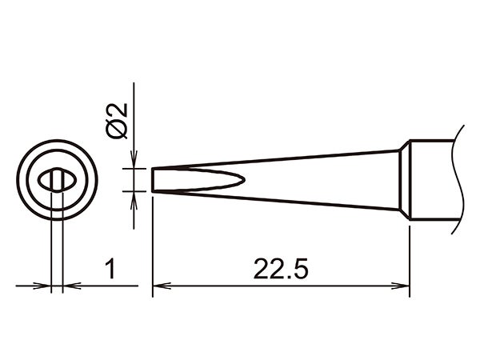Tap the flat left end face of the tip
[x=153, y=179]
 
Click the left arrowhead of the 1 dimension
[x=44, y=285]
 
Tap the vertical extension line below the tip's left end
[x=153, y=240]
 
